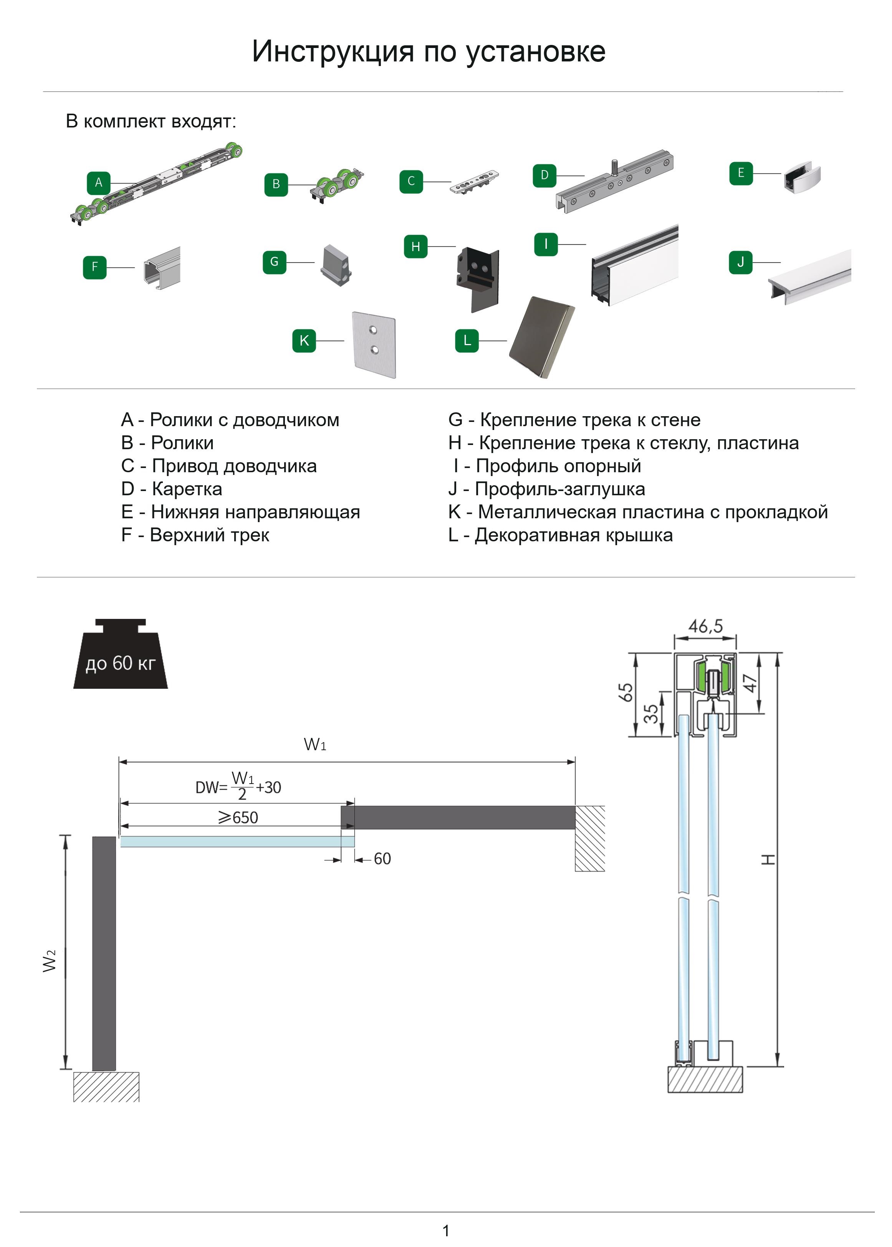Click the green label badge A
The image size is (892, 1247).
[98, 183]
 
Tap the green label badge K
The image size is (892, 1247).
[304, 341]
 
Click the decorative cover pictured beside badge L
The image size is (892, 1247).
[541, 337]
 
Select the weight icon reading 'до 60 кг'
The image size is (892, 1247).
[120, 656]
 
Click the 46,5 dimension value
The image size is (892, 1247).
[705, 627]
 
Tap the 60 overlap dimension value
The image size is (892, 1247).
[382, 859]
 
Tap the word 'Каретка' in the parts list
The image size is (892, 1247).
[187, 489]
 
